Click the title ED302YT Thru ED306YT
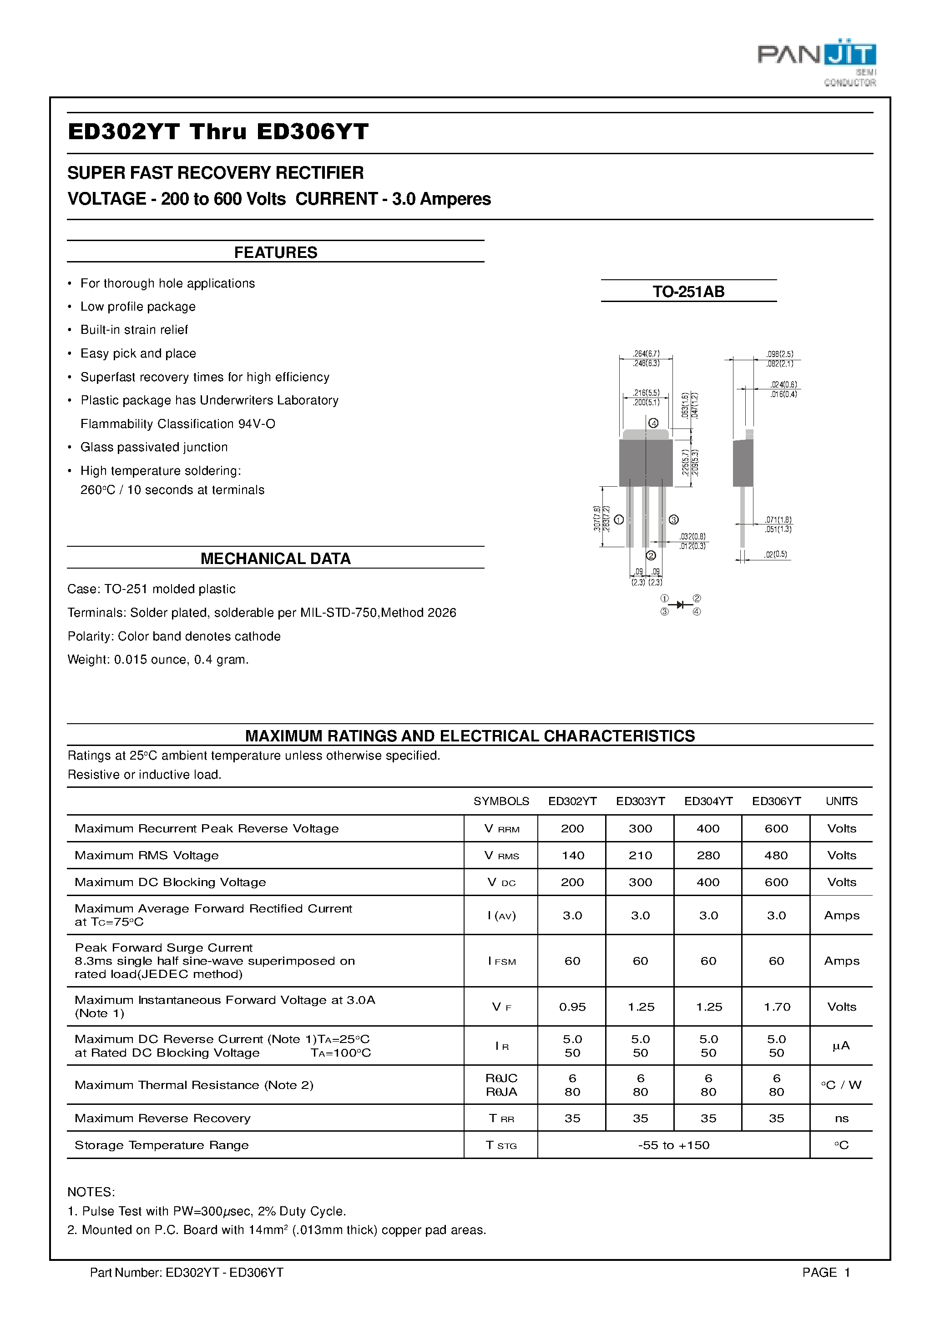[218, 132]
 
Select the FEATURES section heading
[275, 252]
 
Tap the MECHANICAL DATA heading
[275, 559]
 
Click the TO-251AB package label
[688, 292]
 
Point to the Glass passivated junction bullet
[154, 447]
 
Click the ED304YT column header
[708, 801]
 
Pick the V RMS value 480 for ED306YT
[776, 855]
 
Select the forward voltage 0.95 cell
[572, 1007]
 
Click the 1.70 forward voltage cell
[777, 1007]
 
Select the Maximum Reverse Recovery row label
[162, 1118]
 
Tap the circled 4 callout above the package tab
[653, 423]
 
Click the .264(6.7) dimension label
[646, 353]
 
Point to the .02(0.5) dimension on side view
[775, 554]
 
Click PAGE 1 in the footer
[825, 1273]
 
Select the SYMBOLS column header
[501, 801]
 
